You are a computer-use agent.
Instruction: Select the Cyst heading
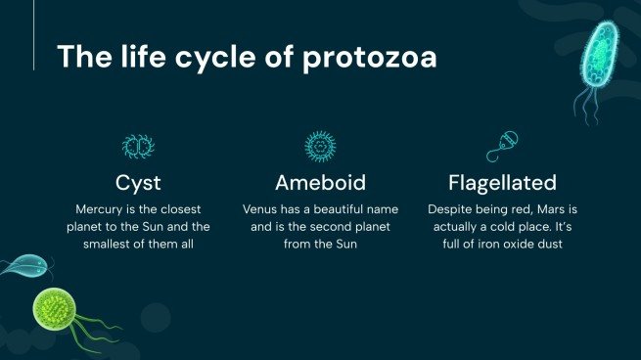[x=138, y=183]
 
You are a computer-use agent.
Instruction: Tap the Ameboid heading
[x=320, y=183]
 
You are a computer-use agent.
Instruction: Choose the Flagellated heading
[x=502, y=183]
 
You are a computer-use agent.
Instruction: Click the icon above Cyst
[x=138, y=147]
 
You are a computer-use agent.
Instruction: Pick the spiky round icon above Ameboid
[x=320, y=147]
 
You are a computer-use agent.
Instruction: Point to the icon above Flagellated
[x=502, y=146]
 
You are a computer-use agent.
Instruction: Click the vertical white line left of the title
[x=33, y=43]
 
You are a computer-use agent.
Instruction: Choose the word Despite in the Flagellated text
[x=451, y=208]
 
